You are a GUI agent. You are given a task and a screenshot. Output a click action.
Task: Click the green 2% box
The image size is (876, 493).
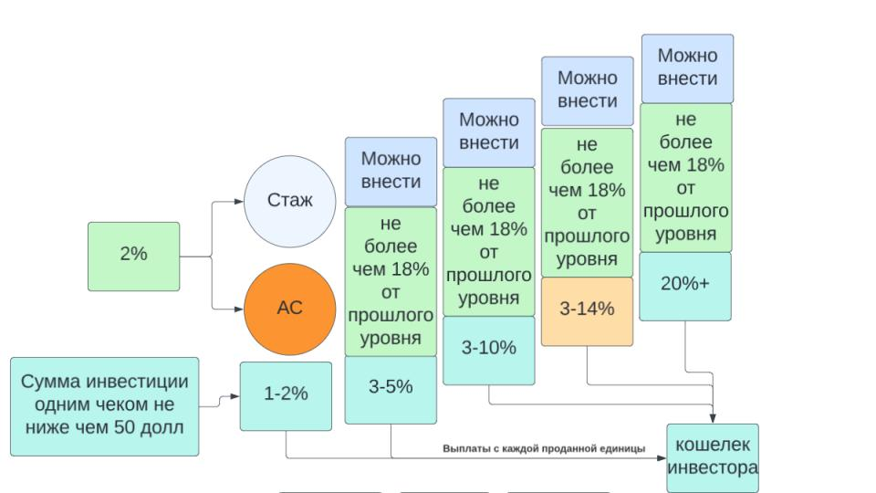coord(133,257)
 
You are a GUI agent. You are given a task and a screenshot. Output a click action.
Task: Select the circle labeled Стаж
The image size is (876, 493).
coord(290,201)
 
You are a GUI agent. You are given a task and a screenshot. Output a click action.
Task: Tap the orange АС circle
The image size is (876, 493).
coord(290,309)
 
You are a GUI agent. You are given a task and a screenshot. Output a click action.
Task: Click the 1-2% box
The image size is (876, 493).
coord(286,396)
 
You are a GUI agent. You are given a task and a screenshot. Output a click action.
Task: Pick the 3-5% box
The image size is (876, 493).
coord(391,390)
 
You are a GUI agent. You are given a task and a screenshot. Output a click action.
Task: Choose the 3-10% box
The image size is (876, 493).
coord(489,351)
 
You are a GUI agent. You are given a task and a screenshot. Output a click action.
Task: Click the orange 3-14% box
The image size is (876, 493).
coord(587,311)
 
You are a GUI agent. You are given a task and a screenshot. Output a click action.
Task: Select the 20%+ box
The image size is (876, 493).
coord(685,286)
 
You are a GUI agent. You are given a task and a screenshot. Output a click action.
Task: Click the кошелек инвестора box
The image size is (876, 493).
coord(713,458)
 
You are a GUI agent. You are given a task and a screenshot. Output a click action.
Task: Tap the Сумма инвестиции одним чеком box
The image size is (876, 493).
coord(104,406)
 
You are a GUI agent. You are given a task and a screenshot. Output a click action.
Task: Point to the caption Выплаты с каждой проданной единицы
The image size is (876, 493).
coord(544,448)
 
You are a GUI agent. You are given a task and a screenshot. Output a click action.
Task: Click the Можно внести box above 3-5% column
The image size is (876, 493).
coord(391,172)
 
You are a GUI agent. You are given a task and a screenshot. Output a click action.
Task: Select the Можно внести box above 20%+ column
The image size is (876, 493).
coord(687,68)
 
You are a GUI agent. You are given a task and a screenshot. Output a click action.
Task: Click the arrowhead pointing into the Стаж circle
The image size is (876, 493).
coord(239,201)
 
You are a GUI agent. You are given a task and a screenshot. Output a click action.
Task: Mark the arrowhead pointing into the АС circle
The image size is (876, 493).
coord(239,309)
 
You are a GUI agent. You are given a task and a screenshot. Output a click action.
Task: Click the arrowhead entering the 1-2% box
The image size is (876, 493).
coord(235,396)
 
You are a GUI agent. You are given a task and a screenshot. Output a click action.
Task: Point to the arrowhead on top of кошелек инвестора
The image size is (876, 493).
coord(713,419)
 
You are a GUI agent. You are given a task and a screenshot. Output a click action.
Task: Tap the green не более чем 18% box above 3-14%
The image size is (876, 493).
coord(587,203)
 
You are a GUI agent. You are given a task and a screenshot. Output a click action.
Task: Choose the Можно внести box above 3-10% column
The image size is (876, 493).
coord(489,132)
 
